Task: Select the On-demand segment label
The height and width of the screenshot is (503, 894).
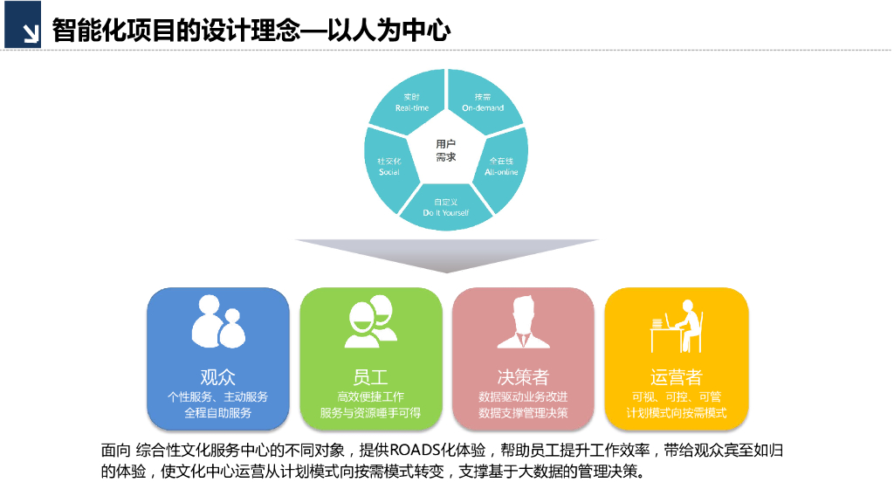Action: click(x=483, y=102)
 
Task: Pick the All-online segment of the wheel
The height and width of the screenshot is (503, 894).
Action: click(x=501, y=166)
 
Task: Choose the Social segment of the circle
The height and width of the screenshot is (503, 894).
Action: click(x=389, y=166)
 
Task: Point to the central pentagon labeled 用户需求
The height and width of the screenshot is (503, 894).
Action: click(x=446, y=150)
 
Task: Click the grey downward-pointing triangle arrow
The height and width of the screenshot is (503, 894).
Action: click(x=446, y=254)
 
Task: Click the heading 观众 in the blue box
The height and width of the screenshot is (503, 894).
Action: click(x=217, y=377)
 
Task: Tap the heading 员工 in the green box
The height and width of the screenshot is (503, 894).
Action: click(x=371, y=377)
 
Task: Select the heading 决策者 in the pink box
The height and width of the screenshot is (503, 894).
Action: click(x=523, y=377)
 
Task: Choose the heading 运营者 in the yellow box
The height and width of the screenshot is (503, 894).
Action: click(x=677, y=377)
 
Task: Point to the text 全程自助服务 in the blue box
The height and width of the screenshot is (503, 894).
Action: click(x=217, y=413)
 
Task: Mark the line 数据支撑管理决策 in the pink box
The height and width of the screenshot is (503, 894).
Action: click(x=523, y=413)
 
